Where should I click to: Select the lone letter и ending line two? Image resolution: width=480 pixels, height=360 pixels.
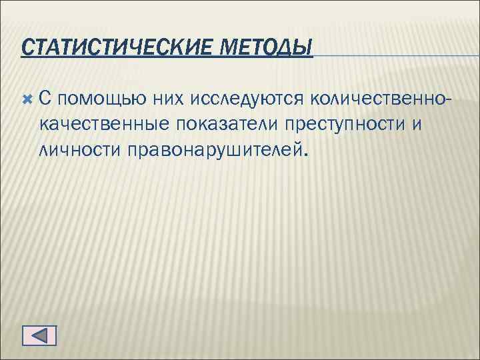[x=417, y=123]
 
